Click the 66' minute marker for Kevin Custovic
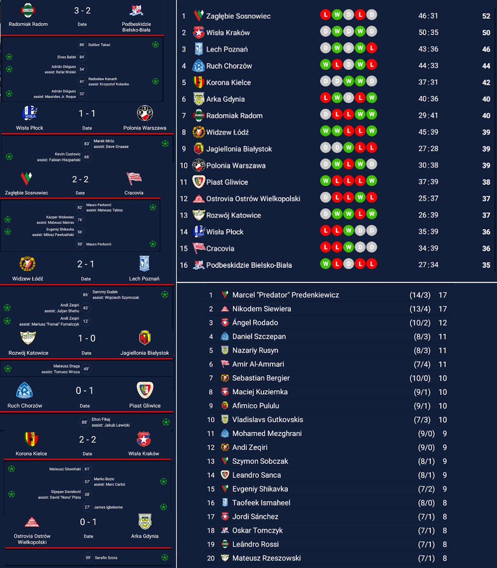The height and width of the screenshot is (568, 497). coord(87,157)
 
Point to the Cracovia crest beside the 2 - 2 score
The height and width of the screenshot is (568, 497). coord(134,178)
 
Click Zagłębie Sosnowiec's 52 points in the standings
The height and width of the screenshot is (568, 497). coord(486,16)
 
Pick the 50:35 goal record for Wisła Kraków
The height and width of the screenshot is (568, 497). coord(428,33)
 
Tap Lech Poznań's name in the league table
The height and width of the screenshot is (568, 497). coord(227,49)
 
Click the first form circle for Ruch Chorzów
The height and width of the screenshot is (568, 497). coord(325,66)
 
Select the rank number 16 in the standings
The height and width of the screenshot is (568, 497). coord(184,265)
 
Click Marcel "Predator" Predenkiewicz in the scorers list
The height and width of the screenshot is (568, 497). coord(285,295)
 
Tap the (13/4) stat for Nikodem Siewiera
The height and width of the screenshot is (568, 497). coord(420,309)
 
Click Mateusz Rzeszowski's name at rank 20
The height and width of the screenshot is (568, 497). coord(266,558)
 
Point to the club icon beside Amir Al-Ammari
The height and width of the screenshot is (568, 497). coord(225,364)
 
